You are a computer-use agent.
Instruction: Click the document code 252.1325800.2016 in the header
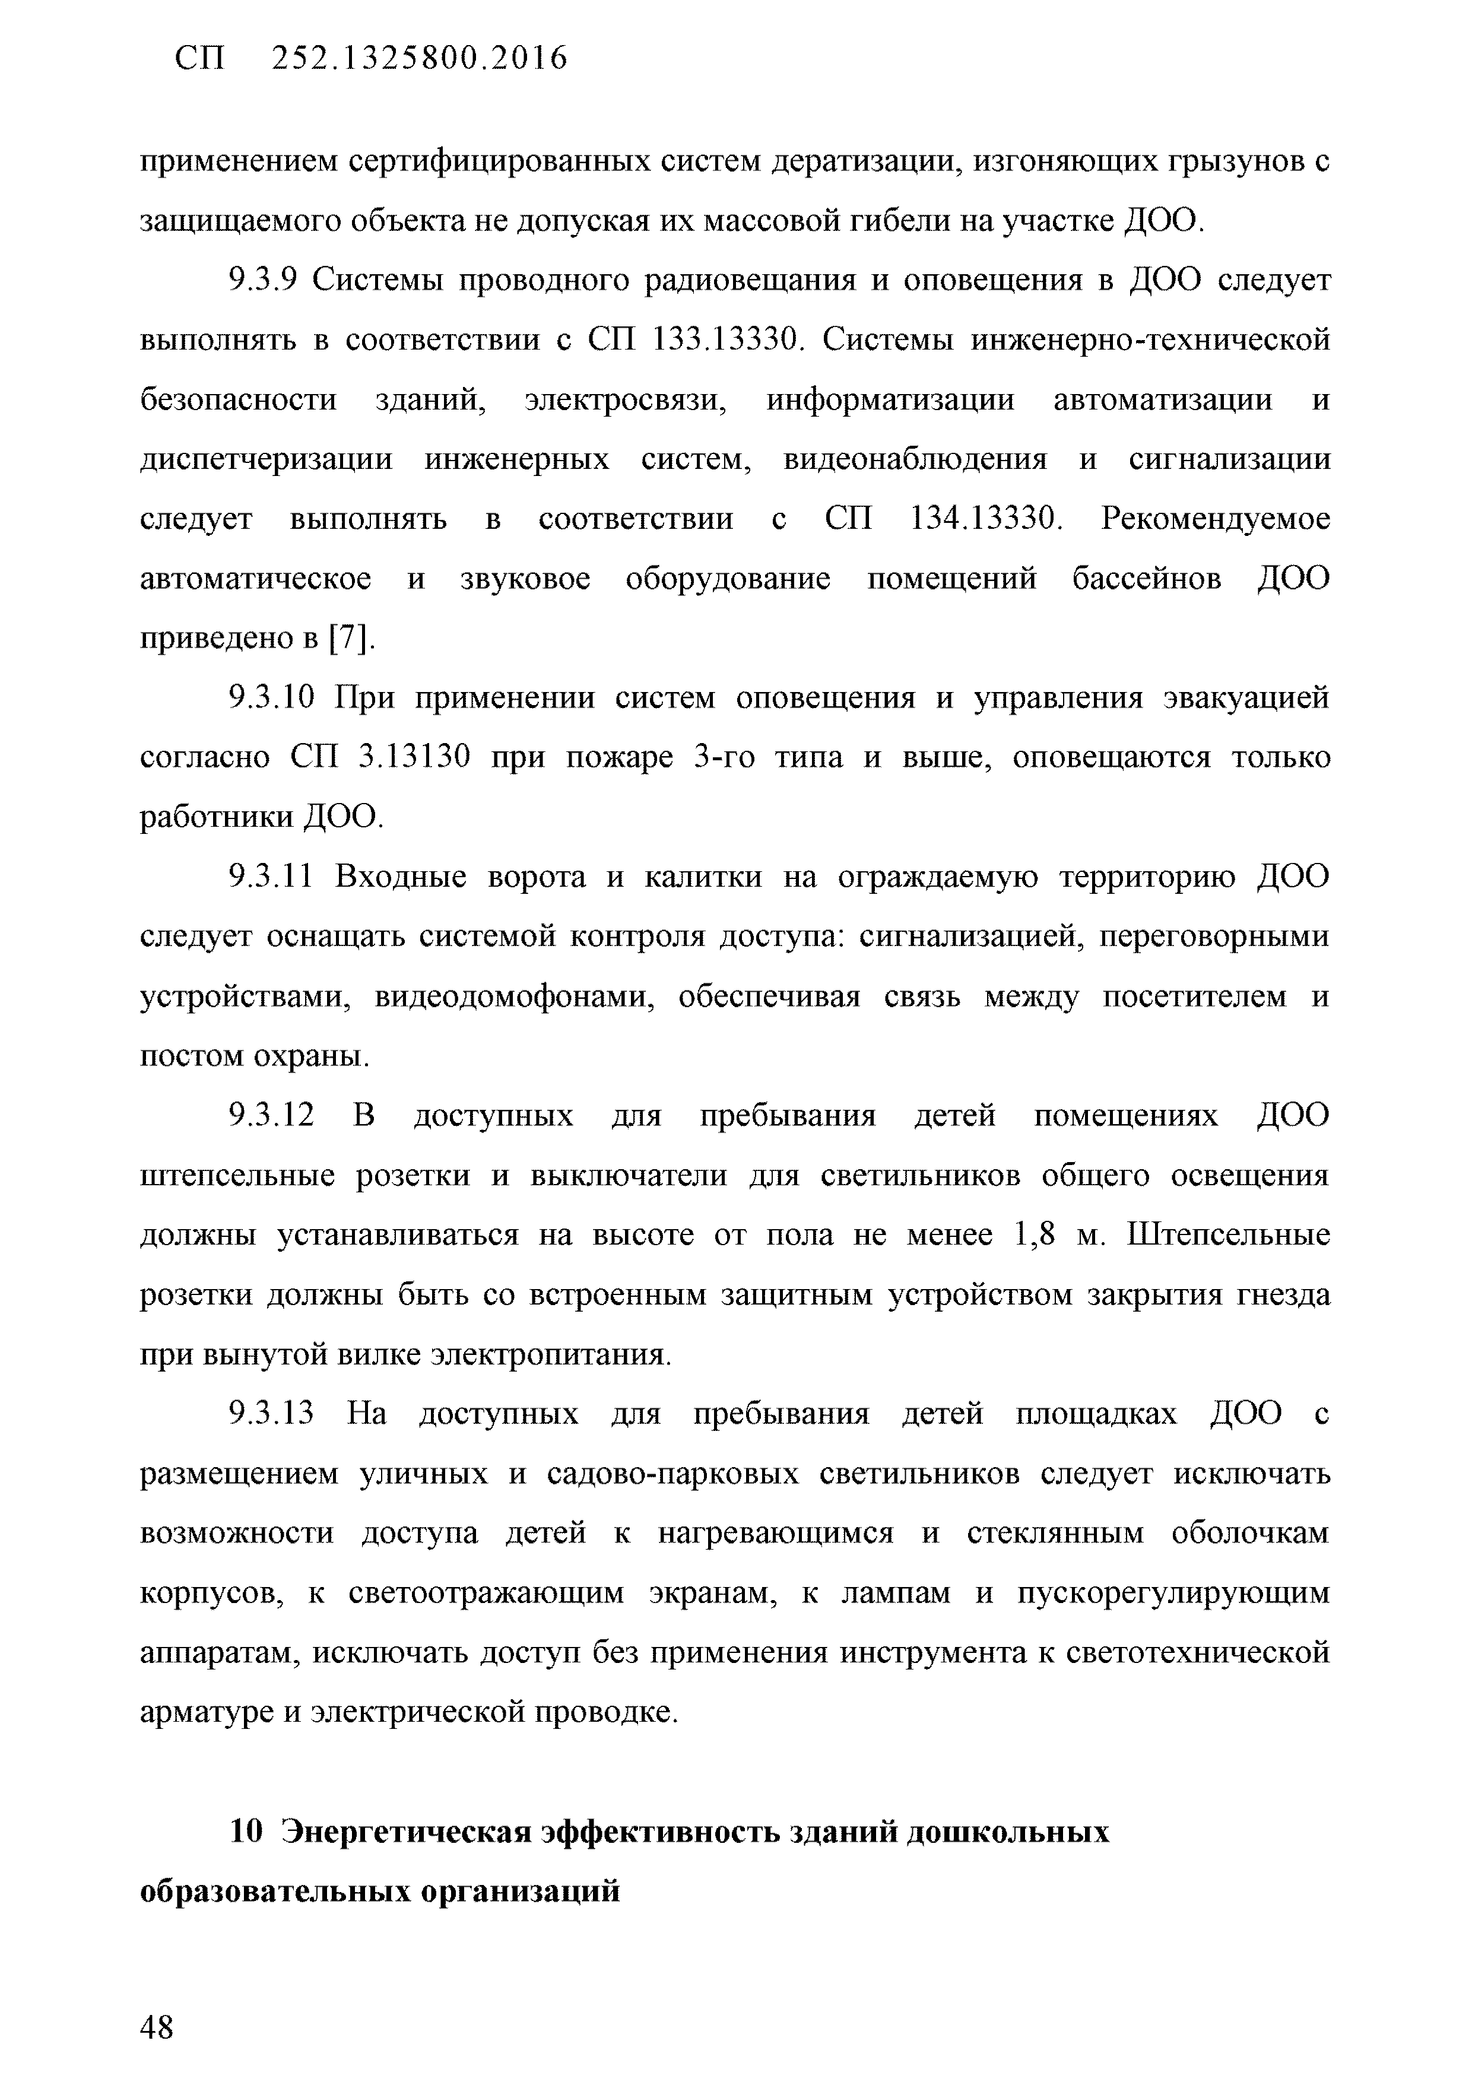(x=420, y=59)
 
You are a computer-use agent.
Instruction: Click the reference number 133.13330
(x=727, y=341)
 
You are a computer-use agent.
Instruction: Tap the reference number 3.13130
(x=414, y=757)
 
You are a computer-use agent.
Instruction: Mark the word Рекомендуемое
(x=1216, y=519)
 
